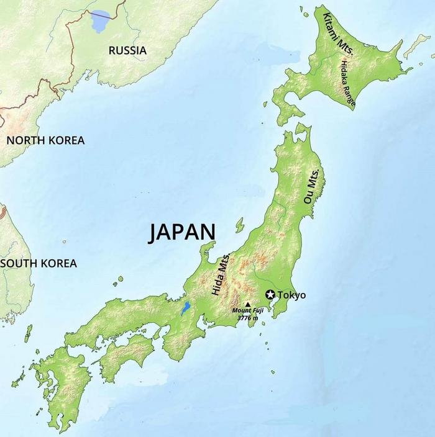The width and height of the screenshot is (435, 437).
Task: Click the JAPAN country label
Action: coord(182,232)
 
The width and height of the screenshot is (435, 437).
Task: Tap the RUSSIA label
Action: coord(127,50)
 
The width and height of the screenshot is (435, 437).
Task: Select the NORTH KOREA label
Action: coord(45,140)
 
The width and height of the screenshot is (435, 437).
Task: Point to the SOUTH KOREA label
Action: coord(39,263)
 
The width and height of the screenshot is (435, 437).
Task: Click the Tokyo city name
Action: coord(291,295)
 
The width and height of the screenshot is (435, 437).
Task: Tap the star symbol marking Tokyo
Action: coord(270,295)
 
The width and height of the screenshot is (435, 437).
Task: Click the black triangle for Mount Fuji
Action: coord(247,305)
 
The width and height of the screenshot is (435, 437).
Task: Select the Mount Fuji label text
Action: coord(248,310)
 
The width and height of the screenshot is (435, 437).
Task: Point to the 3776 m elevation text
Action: coord(248,317)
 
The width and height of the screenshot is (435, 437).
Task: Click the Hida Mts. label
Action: coord(220,275)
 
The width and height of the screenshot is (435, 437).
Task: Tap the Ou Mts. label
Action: coord(311,187)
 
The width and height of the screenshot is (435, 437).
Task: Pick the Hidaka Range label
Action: coord(347,81)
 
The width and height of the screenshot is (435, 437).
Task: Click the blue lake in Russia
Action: coord(101,22)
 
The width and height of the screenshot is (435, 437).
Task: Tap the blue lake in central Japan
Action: coord(185,309)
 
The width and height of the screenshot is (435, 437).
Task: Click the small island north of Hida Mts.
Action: coord(239,225)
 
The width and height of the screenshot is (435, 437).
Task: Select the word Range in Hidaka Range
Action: coord(350,94)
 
